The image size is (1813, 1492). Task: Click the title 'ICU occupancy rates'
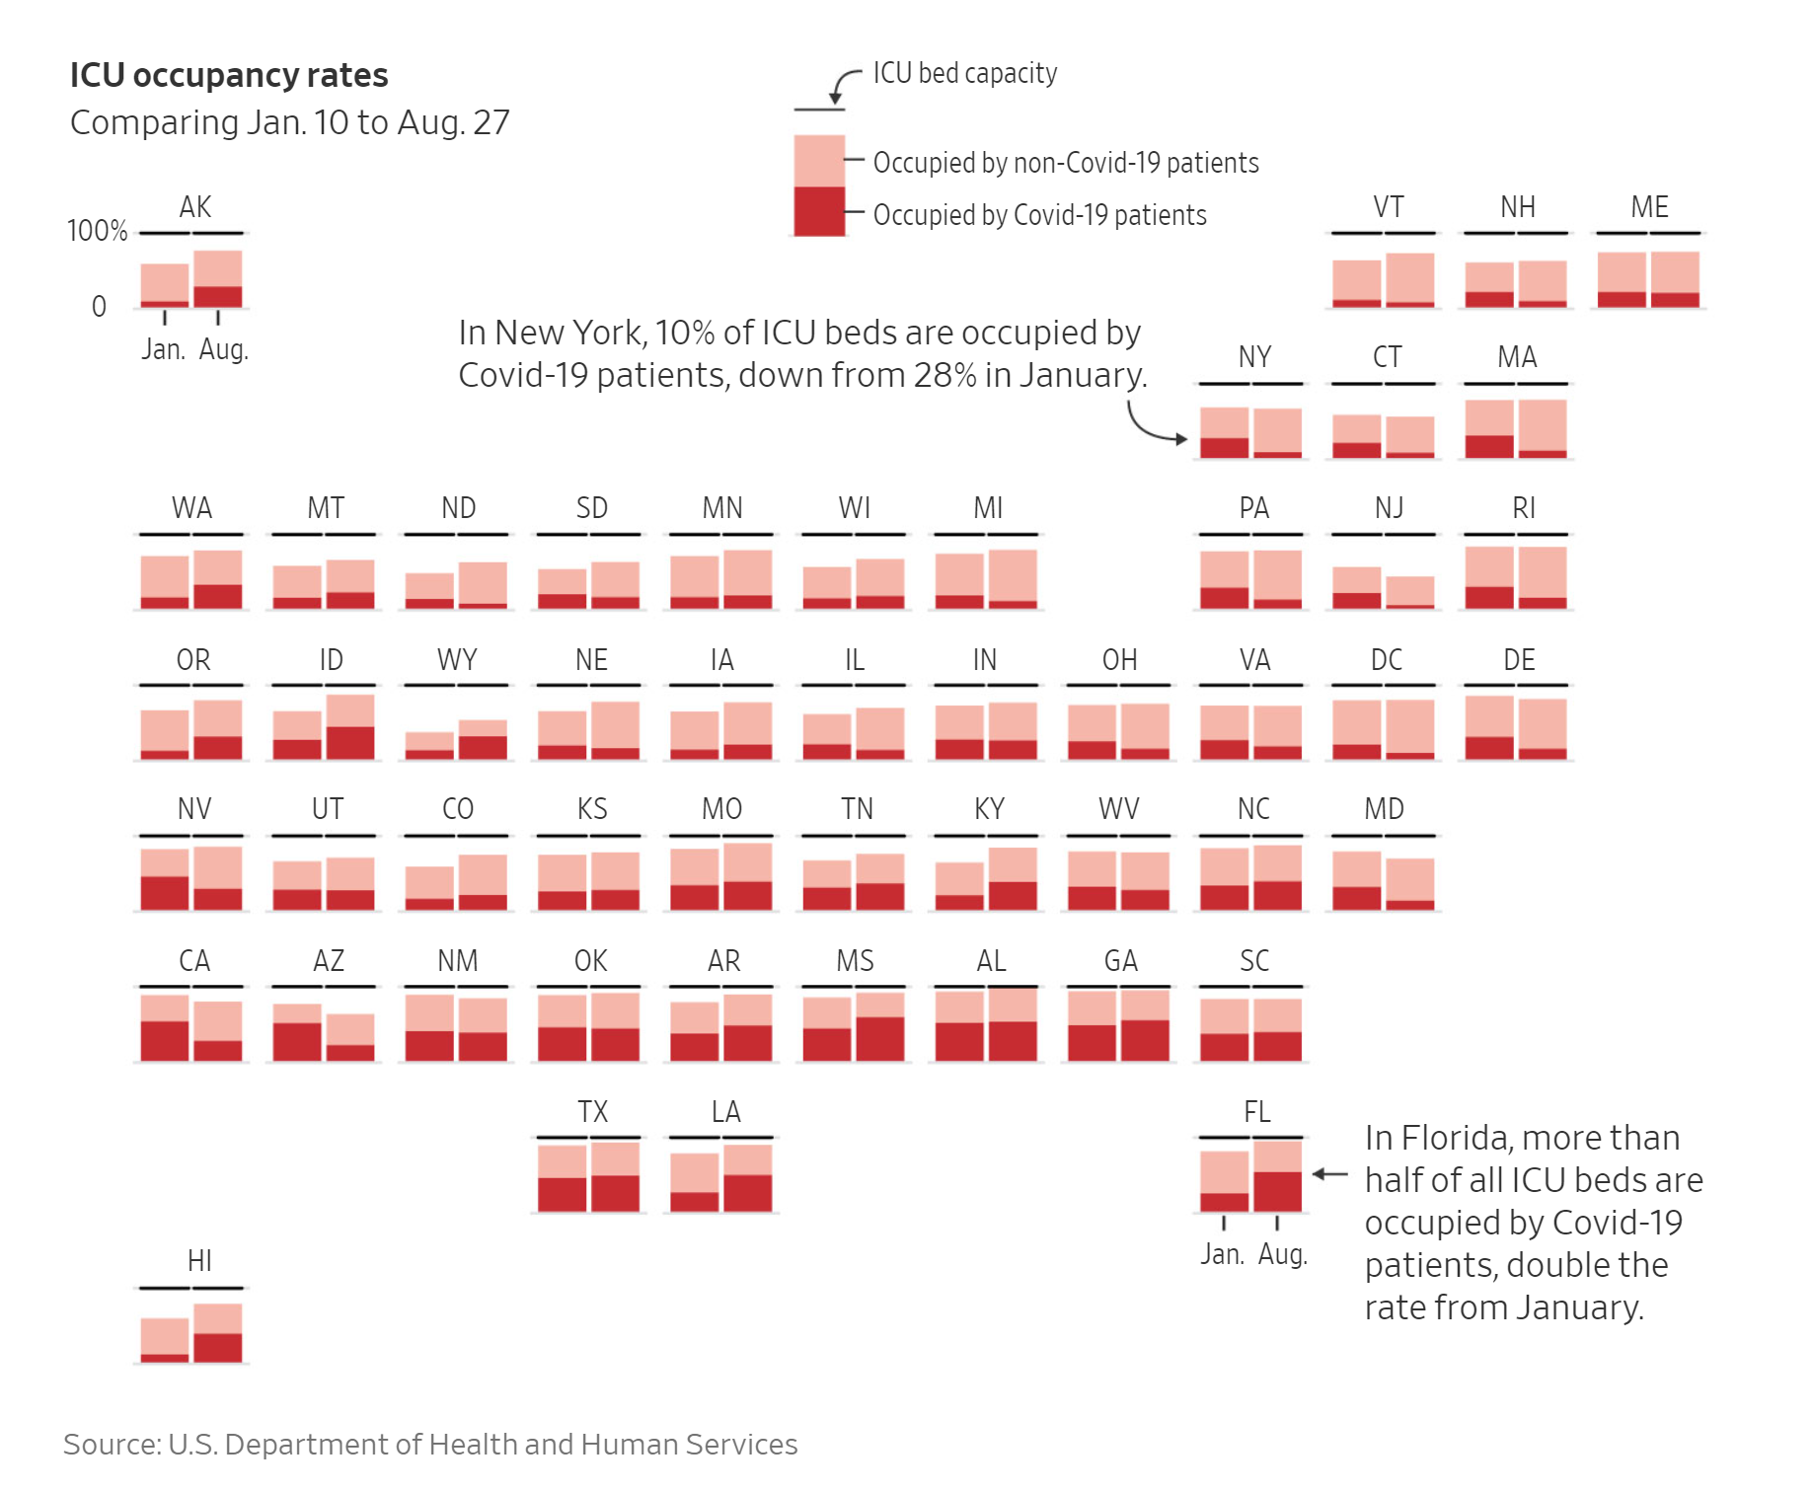pos(229,76)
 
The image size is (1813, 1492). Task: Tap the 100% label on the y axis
pos(97,231)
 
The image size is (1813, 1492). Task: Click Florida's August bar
pos(1278,1176)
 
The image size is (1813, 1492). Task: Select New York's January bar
pos(1224,433)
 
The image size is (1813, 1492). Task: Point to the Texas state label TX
pos(592,1112)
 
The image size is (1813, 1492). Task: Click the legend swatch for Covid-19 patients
pos(819,211)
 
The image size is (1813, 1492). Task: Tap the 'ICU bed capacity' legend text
pos(964,74)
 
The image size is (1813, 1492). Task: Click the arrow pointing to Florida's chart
pos(1329,1174)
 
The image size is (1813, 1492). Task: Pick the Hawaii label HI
pos(199,1261)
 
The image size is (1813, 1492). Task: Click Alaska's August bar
pos(218,279)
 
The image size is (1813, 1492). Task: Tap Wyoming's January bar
pos(429,745)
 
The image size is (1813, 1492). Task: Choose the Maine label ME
pos(1649,207)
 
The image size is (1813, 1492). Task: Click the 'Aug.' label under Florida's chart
pos(1282,1254)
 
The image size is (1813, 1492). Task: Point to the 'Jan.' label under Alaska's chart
pos(163,349)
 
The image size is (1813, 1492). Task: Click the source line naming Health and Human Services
pos(430,1445)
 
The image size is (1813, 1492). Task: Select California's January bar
pos(165,1028)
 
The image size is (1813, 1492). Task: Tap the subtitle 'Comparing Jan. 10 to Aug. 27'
pos(290,123)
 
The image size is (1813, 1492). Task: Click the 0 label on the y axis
pos(99,307)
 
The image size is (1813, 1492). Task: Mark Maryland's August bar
pos(1410,883)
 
